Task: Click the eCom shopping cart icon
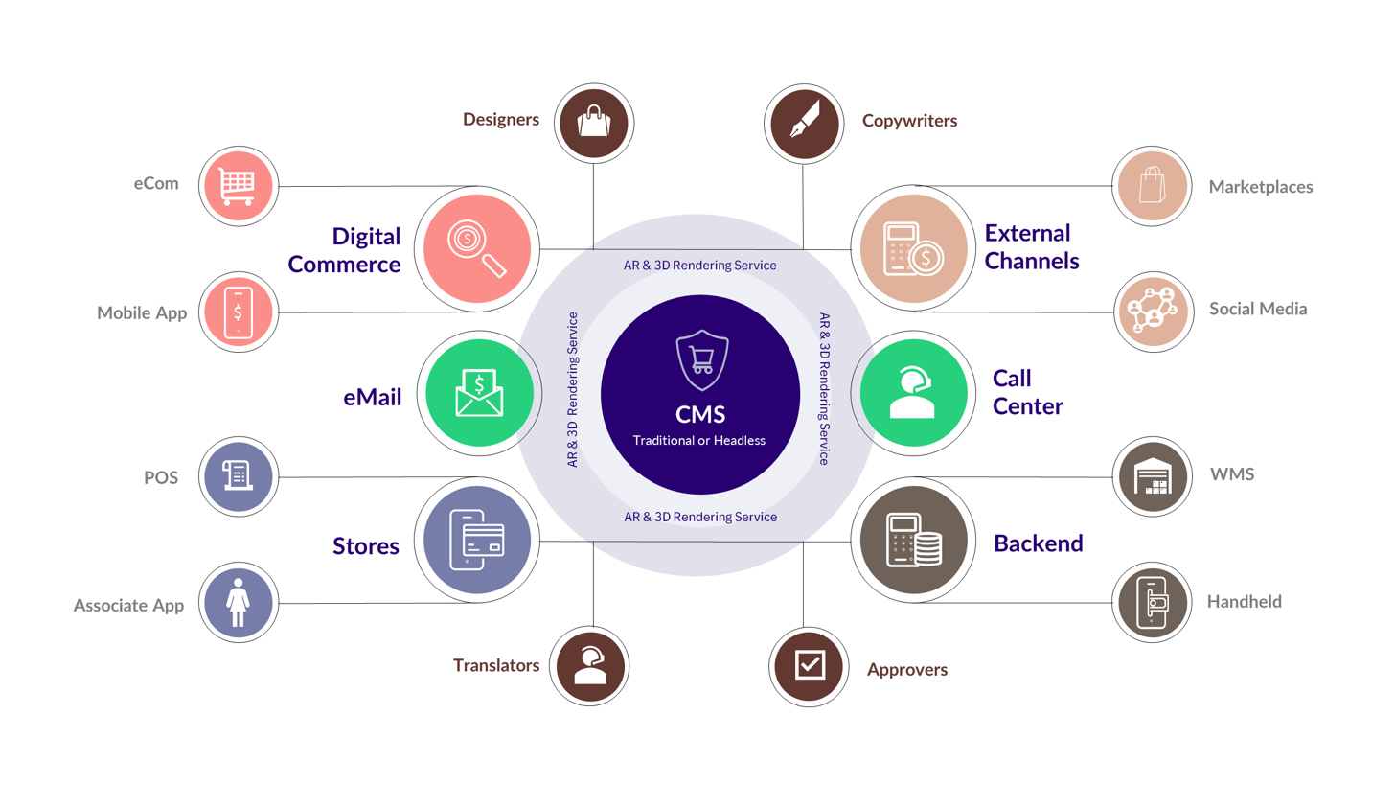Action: click(x=239, y=186)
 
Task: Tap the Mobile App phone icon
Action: click(x=239, y=311)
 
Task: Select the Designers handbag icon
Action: click(x=593, y=122)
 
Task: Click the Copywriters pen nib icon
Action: click(x=805, y=122)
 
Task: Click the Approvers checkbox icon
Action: click(x=805, y=664)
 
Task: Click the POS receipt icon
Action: click(x=239, y=475)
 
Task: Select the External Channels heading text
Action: click(x=1032, y=246)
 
